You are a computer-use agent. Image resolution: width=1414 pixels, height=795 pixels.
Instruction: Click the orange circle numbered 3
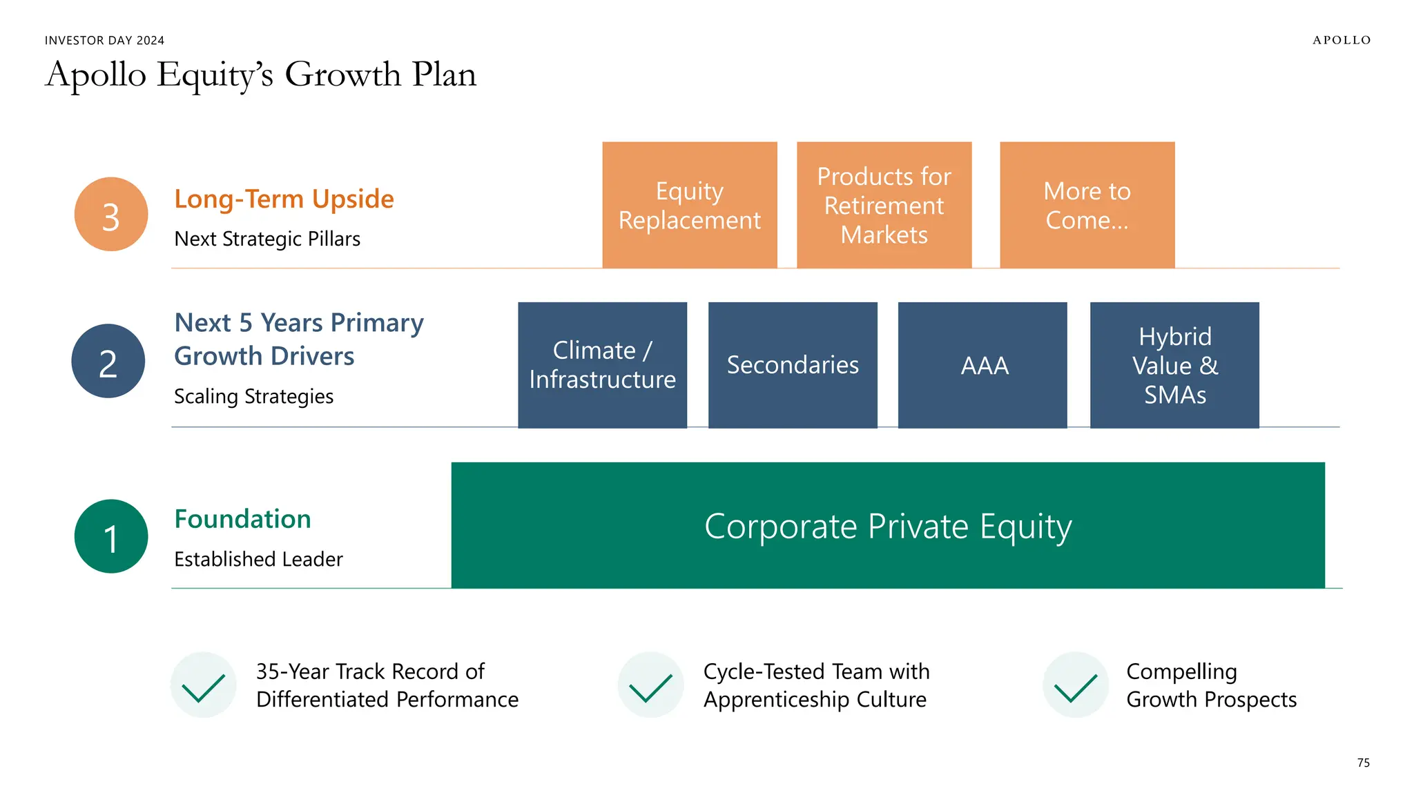[111, 215]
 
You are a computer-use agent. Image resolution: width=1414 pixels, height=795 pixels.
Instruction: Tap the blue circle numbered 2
[108, 361]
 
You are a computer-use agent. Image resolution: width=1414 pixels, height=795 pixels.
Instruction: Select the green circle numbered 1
[111, 536]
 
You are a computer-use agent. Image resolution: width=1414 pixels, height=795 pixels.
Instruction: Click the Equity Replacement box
[690, 205]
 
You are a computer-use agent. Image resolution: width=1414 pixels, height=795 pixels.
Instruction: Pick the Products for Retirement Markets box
[884, 205]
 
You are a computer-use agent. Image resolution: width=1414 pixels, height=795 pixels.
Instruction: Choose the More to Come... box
[1087, 205]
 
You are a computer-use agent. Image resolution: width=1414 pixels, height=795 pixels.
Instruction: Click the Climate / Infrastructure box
[602, 365]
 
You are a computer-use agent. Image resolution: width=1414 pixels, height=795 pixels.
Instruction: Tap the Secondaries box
[793, 365]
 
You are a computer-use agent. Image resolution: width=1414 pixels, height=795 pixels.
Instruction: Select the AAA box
[982, 365]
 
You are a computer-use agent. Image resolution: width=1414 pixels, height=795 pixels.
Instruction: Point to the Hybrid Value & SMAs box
[1174, 365]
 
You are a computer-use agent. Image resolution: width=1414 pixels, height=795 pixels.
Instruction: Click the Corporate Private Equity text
[888, 527]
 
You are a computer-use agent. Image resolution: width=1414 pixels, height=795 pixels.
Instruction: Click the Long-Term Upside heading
[284, 199]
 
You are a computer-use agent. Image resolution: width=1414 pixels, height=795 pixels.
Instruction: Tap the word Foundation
[242, 519]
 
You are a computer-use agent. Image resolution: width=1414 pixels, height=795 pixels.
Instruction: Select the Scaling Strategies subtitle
[253, 396]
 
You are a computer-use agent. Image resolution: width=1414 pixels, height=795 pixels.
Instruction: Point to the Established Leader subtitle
[258, 559]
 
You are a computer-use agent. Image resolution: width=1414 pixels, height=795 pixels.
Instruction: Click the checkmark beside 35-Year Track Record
[203, 685]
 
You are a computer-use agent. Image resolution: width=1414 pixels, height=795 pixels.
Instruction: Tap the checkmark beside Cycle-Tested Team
[650, 685]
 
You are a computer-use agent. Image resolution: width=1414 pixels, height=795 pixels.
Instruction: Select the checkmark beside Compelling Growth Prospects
[1075, 685]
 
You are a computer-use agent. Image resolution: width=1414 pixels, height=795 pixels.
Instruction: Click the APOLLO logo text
[1342, 40]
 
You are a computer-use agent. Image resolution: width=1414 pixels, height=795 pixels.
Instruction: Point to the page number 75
[1363, 763]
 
